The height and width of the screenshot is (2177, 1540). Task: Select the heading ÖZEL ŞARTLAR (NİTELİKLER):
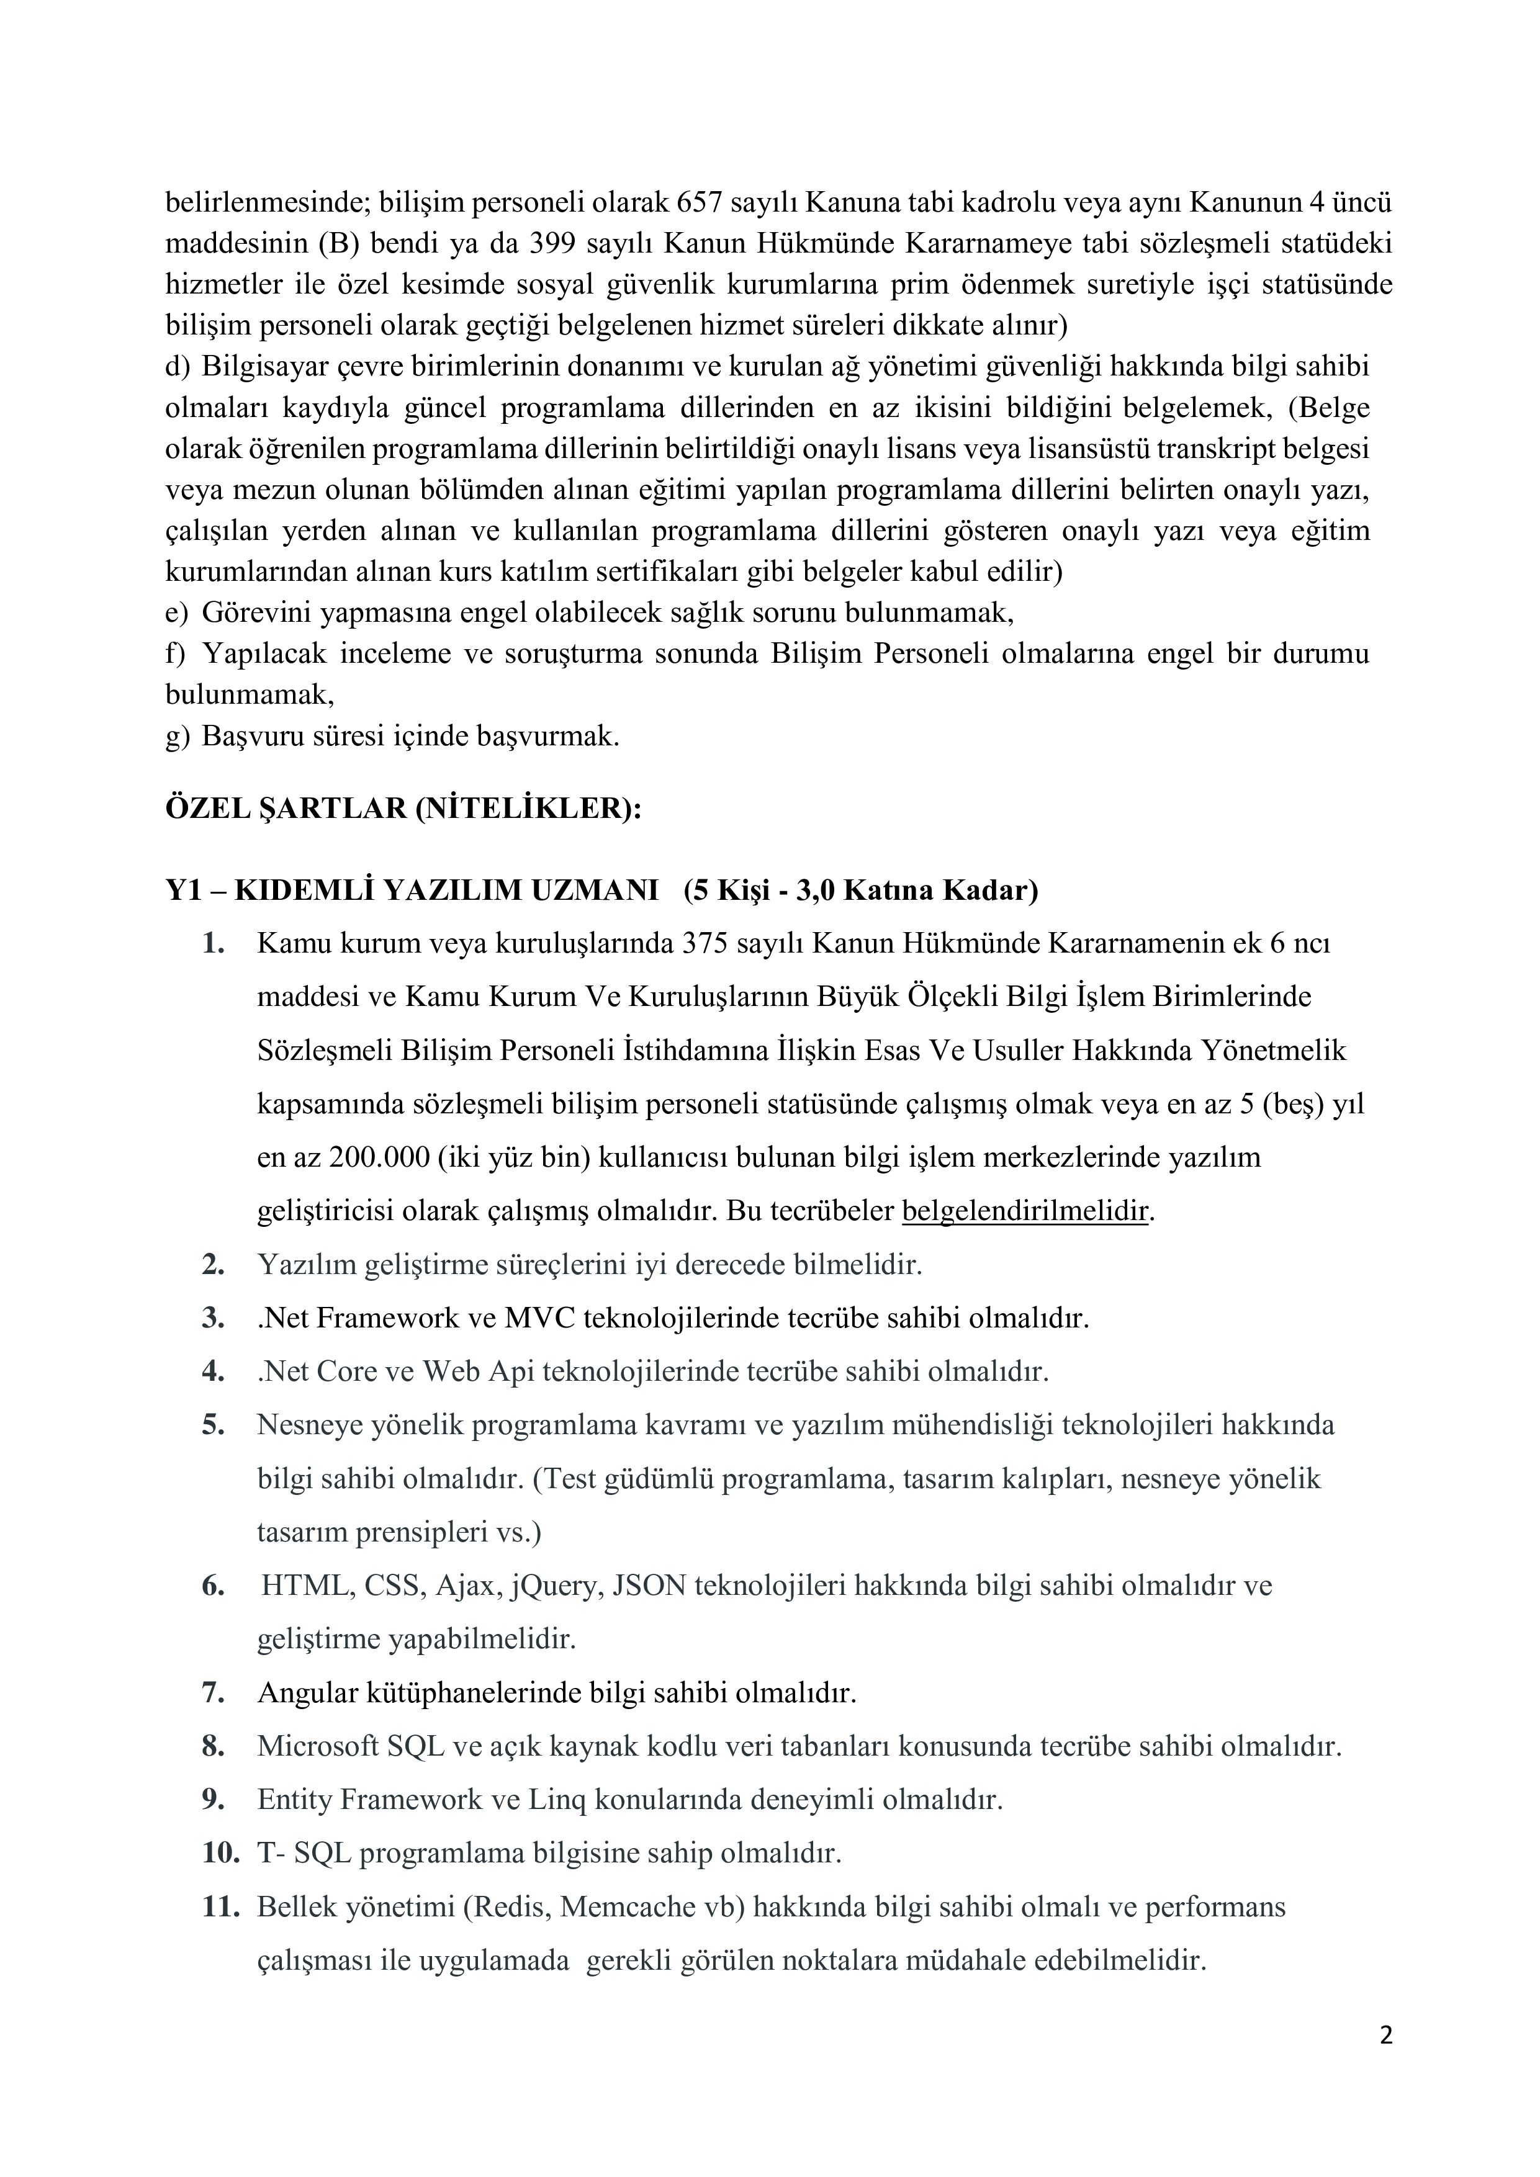(404, 810)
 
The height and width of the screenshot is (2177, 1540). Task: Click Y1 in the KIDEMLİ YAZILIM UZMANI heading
(183, 891)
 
